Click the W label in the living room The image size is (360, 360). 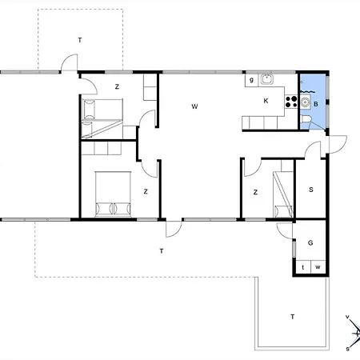[194, 106]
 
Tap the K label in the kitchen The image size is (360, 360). [266, 101]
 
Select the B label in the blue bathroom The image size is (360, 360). [316, 104]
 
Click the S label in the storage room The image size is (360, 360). [311, 190]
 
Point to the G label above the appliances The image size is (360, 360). [310, 243]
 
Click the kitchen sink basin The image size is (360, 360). [266, 79]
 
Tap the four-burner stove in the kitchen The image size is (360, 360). [291, 102]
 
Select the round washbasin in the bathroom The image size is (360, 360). [305, 102]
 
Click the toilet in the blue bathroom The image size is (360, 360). [306, 119]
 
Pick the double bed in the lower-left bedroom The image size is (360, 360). [113, 194]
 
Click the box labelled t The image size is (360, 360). [303, 266]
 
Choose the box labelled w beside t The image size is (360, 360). [318, 266]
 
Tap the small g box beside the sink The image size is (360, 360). [251, 80]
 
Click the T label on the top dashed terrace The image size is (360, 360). [80, 40]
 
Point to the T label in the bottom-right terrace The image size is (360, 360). [293, 317]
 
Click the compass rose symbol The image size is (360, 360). [354, 333]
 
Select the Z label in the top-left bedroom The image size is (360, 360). [117, 86]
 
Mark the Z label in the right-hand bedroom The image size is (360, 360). [255, 192]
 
